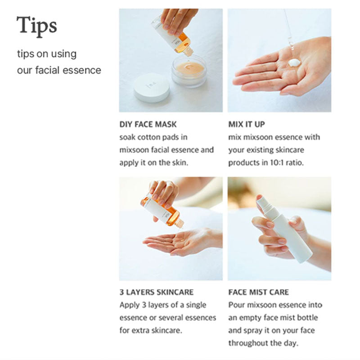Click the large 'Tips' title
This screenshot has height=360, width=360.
point(37,26)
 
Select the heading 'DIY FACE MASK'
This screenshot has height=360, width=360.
point(148,124)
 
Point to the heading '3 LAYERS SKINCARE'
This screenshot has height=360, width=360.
point(156,292)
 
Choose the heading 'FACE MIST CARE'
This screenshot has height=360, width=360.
point(258,292)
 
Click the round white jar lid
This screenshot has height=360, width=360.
point(152,87)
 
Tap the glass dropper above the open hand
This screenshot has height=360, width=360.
point(288,31)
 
